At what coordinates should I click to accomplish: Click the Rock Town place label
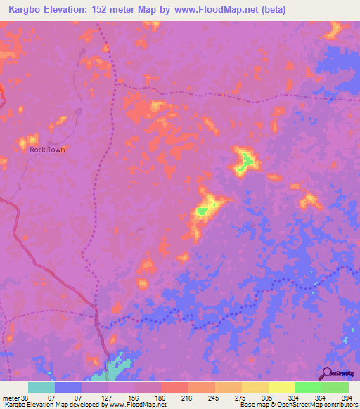point(47,150)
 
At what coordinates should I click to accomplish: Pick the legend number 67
point(41,397)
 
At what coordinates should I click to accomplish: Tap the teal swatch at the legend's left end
point(41,387)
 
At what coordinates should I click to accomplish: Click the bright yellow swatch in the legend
point(281,387)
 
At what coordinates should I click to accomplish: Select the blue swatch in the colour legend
point(68,387)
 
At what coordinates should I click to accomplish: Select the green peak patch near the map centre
point(202,209)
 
